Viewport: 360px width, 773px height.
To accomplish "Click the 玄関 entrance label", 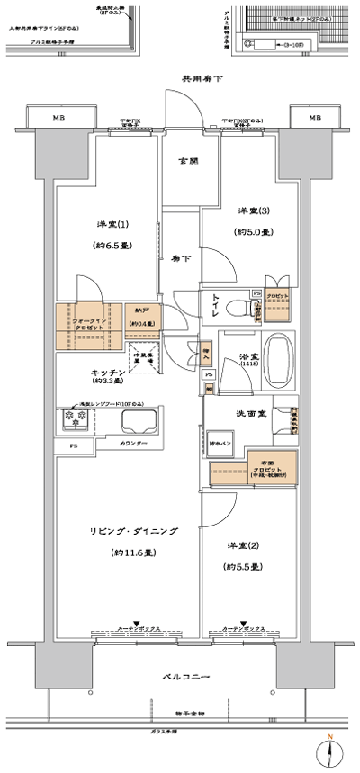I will (x=187, y=161).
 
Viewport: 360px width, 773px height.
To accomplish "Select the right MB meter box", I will (x=314, y=118).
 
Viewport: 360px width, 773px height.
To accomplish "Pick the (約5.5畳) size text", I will (x=243, y=567).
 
